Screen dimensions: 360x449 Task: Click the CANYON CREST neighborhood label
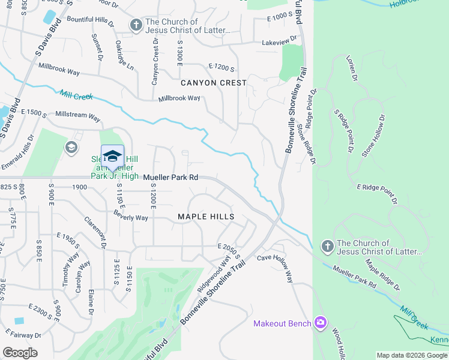[214, 82]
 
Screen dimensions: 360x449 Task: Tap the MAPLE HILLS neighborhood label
[206, 216]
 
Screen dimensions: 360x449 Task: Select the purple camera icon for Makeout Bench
[321, 323]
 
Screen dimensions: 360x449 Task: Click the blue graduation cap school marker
[112, 157]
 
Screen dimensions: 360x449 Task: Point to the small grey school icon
[71, 148]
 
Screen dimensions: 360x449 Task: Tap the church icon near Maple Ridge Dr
[327, 247]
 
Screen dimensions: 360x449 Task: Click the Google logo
[20, 353]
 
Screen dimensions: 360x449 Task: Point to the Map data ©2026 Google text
[412, 355]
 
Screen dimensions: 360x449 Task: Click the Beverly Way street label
[130, 217]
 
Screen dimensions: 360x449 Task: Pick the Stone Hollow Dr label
[372, 136]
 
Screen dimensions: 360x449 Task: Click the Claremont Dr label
[96, 232]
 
